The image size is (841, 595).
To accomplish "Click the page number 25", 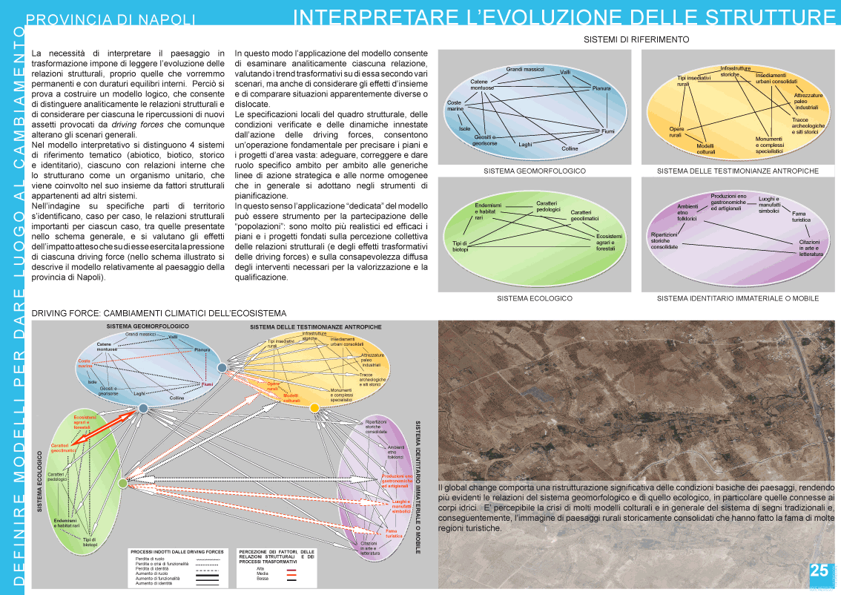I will (x=819, y=571).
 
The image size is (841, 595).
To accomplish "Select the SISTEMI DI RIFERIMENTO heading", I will (x=637, y=39).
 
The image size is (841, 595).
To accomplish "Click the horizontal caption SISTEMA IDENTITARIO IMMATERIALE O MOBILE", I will (x=738, y=298).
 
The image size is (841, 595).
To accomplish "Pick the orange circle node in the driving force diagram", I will (x=314, y=408).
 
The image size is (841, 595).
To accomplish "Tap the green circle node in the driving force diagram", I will (x=122, y=484).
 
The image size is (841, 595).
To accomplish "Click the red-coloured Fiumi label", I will (x=207, y=384).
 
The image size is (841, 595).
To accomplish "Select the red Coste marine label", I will (x=85, y=364).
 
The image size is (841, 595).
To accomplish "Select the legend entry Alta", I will (x=260, y=568).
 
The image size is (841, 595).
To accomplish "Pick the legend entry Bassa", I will (x=261, y=578).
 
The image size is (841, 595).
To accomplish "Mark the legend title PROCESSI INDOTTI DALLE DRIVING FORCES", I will (x=177, y=552).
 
